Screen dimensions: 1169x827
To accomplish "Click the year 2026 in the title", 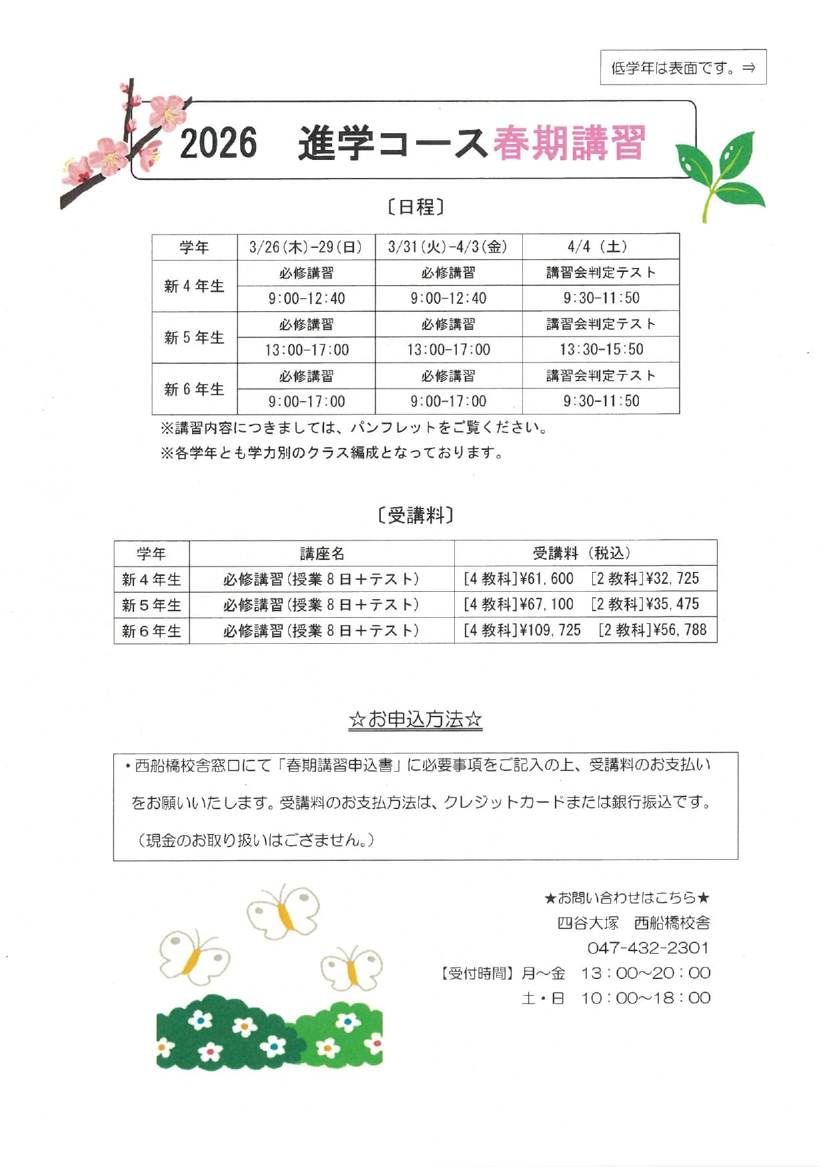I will (218, 143).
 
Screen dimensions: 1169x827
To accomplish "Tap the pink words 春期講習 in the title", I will (569, 143).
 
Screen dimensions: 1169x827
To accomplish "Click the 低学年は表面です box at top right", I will (683, 67).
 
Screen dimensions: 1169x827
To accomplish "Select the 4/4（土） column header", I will (600, 247).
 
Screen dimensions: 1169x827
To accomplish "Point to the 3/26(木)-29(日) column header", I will (306, 247).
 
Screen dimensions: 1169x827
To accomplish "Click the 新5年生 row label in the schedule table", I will (194, 337).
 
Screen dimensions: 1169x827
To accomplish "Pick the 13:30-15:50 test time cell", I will (601, 349).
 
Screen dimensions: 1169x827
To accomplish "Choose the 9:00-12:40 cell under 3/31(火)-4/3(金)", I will (448, 298).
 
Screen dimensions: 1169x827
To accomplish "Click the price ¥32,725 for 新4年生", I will (672, 579).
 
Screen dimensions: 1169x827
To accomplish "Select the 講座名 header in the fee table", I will (321, 553).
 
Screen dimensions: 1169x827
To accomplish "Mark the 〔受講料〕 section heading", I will (415, 515).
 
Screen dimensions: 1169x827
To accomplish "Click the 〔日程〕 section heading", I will (415, 207).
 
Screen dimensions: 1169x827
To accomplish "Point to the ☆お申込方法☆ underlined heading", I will (415, 720).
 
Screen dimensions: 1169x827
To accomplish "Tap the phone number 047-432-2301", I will (648, 948).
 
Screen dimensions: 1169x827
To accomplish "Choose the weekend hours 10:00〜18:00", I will (645, 998).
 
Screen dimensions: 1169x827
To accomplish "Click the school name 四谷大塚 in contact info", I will (588, 923).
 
